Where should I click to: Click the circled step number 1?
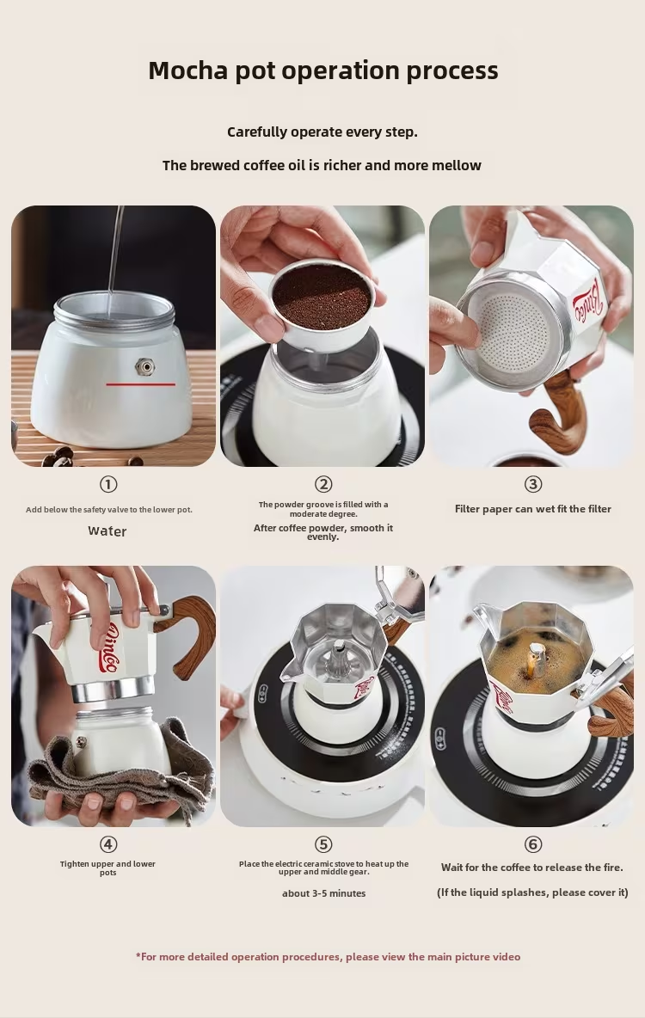pyautogui.click(x=107, y=484)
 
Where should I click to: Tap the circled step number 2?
pyautogui.click(x=323, y=484)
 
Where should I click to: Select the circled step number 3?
pyautogui.click(x=532, y=484)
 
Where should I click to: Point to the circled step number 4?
pyautogui.click(x=107, y=844)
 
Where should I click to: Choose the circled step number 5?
pyautogui.click(x=323, y=844)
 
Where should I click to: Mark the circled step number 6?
pyautogui.click(x=532, y=844)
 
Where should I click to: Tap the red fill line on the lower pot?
pyautogui.click(x=141, y=384)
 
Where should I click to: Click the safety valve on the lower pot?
pyautogui.click(x=144, y=367)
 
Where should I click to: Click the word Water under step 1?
pyautogui.click(x=107, y=531)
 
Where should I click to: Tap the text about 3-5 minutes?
pyautogui.click(x=323, y=893)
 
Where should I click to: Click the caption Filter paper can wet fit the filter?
pyautogui.click(x=532, y=509)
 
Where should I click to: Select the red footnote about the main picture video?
pyautogui.click(x=328, y=956)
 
